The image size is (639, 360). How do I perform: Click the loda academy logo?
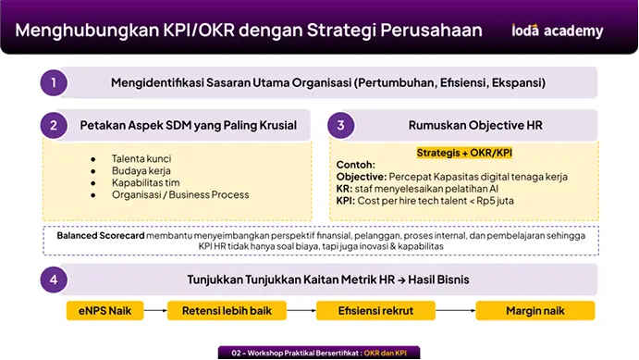click(557, 31)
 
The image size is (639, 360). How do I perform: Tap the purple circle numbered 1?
click(54, 82)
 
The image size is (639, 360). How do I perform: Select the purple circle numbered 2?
click(54, 125)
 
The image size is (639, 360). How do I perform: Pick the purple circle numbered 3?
click(341, 125)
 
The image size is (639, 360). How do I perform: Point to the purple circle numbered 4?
click(54, 279)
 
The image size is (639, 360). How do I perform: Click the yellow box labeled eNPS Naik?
click(104, 311)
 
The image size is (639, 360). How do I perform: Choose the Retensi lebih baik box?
click(227, 311)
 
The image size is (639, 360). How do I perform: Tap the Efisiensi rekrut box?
click(375, 311)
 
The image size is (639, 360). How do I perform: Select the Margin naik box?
click(535, 311)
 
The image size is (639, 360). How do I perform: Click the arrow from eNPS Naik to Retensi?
click(155, 311)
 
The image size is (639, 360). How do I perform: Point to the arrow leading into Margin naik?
click(456, 311)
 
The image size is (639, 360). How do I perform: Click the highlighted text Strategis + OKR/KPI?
click(464, 153)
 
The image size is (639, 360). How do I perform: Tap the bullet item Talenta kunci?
click(141, 158)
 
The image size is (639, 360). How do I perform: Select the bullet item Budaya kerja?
click(141, 170)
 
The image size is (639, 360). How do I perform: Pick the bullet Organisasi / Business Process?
click(180, 194)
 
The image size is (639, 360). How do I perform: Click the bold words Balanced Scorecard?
click(101, 235)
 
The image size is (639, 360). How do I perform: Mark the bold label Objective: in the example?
click(362, 177)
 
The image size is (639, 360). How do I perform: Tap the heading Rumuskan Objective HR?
click(475, 125)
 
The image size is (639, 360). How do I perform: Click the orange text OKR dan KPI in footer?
click(385, 354)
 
